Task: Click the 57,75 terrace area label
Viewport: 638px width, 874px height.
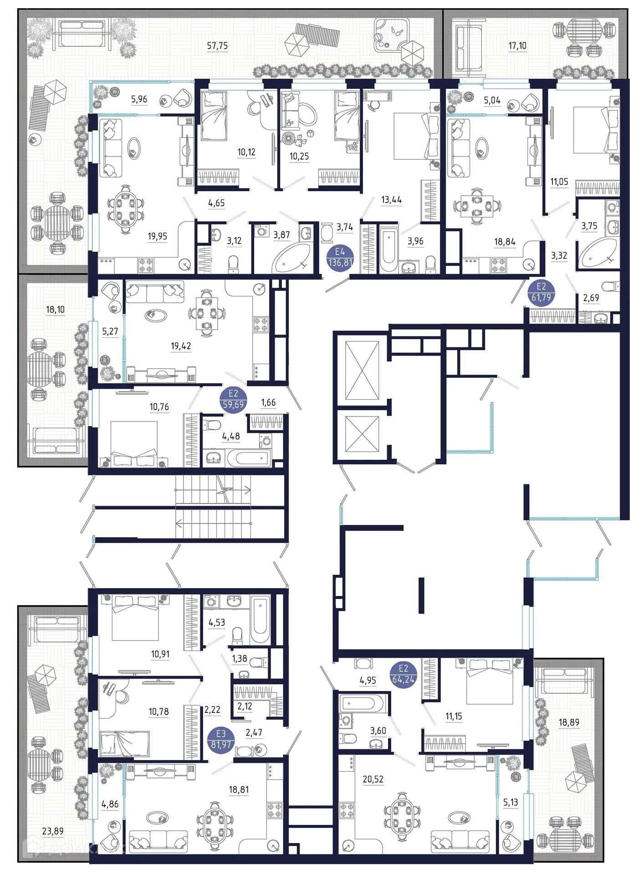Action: pyautogui.click(x=217, y=46)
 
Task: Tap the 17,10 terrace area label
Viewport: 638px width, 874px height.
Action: pyautogui.click(x=517, y=46)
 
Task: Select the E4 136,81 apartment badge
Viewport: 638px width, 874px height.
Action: pyautogui.click(x=340, y=257)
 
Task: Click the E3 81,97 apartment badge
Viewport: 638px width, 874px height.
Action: pyautogui.click(x=221, y=740)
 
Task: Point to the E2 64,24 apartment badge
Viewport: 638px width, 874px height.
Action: pyautogui.click(x=403, y=674)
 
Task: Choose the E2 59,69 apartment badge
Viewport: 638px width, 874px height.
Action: pyautogui.click(x=233, y=399)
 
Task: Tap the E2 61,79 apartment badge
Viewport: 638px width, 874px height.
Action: pyautogui.click(x=541, y=292)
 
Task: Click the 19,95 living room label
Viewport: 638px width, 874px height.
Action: pyautogui.click(x=157, y=236)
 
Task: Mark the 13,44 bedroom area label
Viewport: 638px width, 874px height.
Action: pyautogui.click(x=392, y=199)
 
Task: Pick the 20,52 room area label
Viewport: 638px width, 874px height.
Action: pyautogui.click(x=373, y=779)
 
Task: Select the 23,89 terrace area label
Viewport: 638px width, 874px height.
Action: pyautogui.click(x=53, y=831)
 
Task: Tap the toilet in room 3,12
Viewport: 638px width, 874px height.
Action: pyautogui.click(x=233, y=264)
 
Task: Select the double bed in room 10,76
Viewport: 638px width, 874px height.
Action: pyautogui.click(x=134, y=444)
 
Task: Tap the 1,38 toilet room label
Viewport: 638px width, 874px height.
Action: pyautogui.click(x=240, y=658)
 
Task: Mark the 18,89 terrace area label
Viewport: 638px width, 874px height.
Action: pyautogui.click(x=569, y=722)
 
